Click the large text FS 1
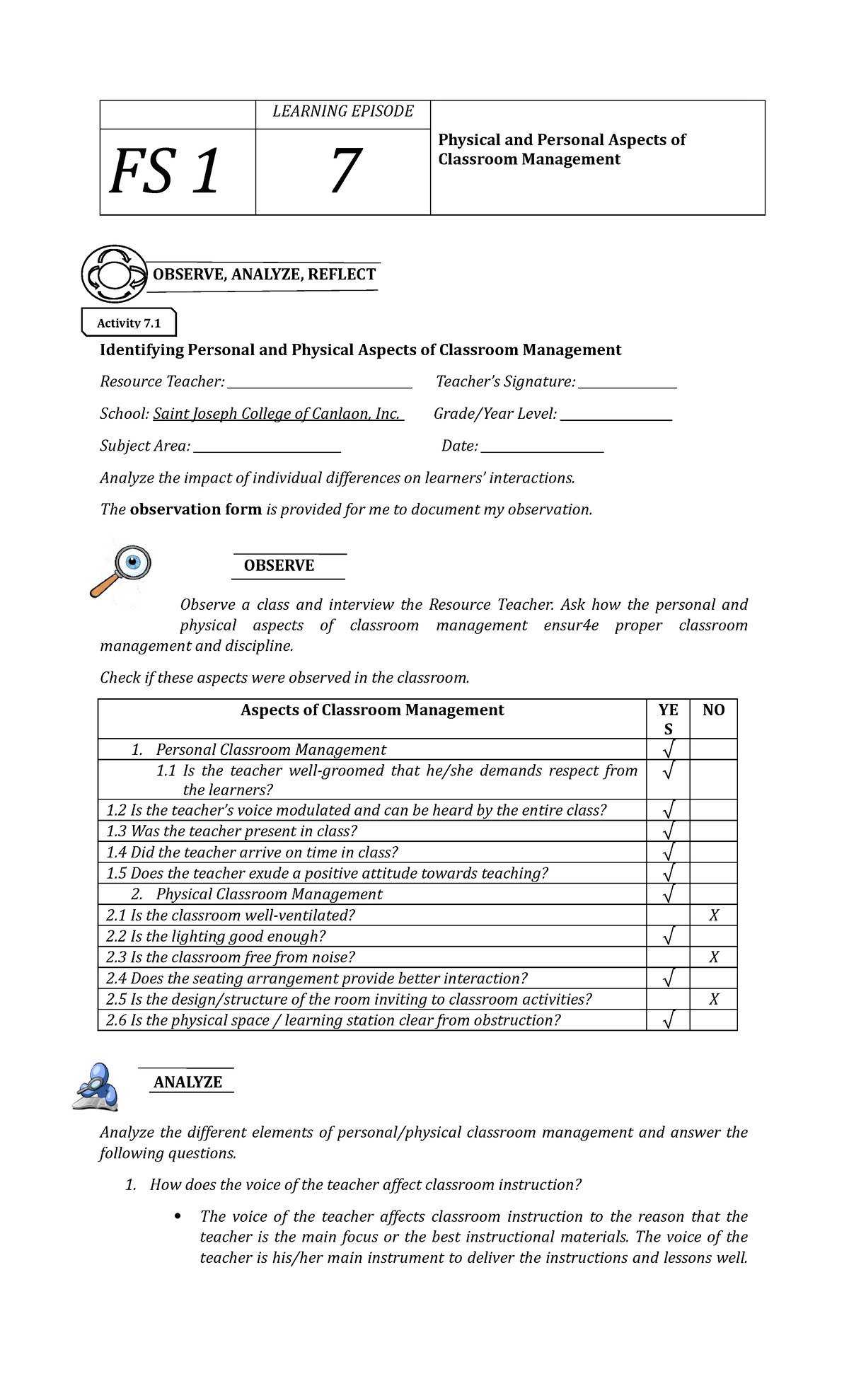point(166,172)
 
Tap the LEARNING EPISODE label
point(342,112)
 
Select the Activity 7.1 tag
point(129,323)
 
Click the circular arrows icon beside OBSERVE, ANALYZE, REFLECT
point(113,274)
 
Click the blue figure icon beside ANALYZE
point(98,1087)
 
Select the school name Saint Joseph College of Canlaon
point(277,414)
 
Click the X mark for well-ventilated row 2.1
point(713,915)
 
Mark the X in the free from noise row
point(713,957)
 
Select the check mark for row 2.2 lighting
point(668,937)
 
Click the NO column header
point(713,710)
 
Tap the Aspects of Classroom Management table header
point(372,710)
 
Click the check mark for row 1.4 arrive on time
point(668,852)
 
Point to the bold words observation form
point(196,509)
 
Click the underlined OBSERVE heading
point(279,565)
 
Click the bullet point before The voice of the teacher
point(178,1216)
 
